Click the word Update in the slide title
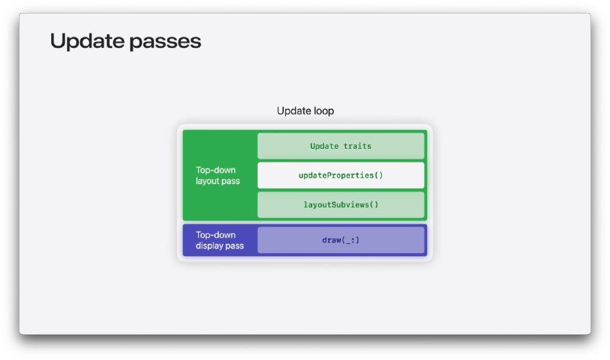click(x=88, y=41)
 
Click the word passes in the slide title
click(x=165, y=43)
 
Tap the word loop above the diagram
click(x=323, y=111)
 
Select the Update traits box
click(x=341, y=146)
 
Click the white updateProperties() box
click(x=341, y=175)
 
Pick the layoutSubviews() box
click(x=341, y=204)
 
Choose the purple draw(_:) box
click(x=341, y=240)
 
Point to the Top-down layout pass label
click(x=218, y=175)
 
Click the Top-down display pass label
click(x=220, y=240)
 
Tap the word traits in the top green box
click(x=357, y=146)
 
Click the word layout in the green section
click(x=207, y=182)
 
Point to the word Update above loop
click(x=294, y=111)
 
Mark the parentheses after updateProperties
click(x=378, y=175)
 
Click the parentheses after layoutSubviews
click(x=374, y=204)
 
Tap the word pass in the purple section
click(x=234, y=246)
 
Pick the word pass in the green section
click(x=230, y=182)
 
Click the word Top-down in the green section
click(x=216, y=170)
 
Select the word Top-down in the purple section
click(x=216, y=235)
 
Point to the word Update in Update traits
click(x=324, y=146)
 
